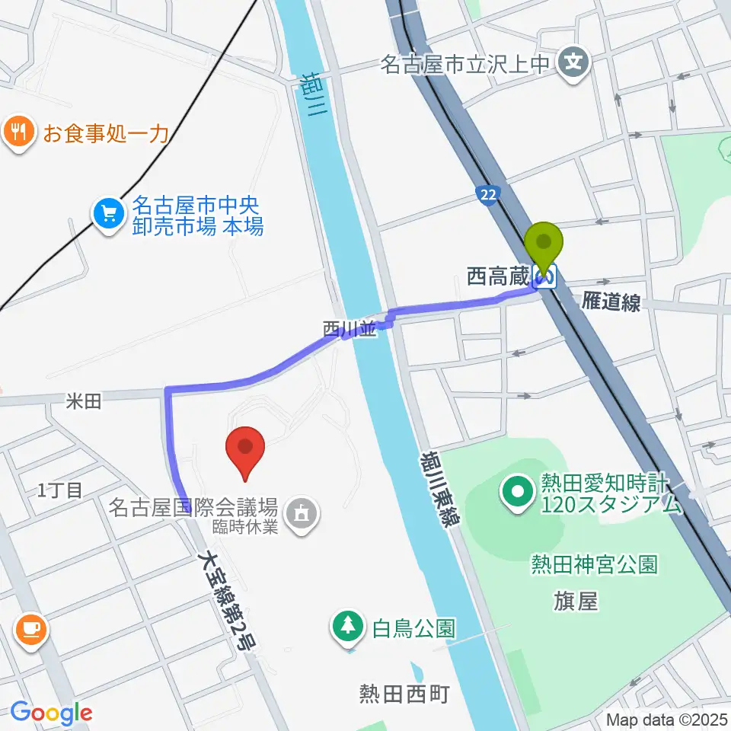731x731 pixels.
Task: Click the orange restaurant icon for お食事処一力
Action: click(x=19, y=132)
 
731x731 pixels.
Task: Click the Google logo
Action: click(x=52, y=713)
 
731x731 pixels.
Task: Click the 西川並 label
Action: click(x=350, y=329)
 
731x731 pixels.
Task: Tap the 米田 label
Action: click(x=83, y=401)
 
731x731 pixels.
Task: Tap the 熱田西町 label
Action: click(x=404, y=694)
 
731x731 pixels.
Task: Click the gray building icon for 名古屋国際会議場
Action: click(x=303, y=512)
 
